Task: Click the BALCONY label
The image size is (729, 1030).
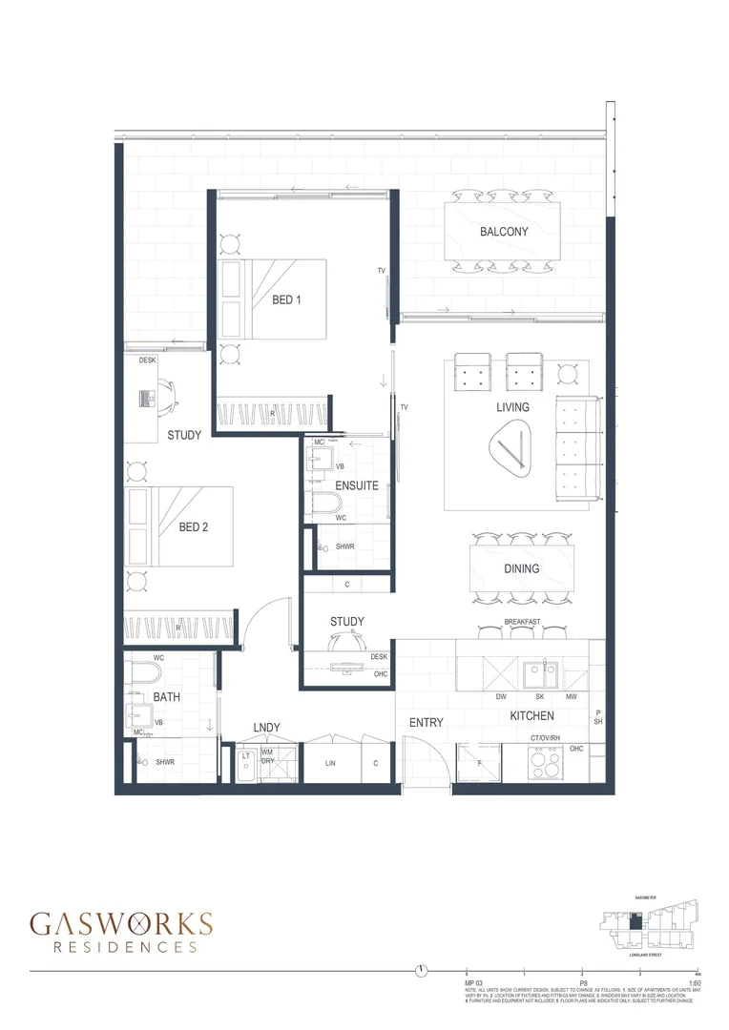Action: (504, 231)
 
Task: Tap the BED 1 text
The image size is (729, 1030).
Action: (286, 299)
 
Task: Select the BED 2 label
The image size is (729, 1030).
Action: (194, 526)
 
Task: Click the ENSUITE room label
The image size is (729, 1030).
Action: (357, 485)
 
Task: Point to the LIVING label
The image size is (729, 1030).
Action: (512, 407)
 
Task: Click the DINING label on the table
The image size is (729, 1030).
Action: (522, 568)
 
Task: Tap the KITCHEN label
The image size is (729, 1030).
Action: (532, 715)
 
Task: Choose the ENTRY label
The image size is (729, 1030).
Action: (426, 723)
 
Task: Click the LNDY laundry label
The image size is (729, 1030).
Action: (266, 729)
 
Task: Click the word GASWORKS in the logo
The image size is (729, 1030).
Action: (121, 923)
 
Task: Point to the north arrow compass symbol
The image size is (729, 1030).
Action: (421, 971)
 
